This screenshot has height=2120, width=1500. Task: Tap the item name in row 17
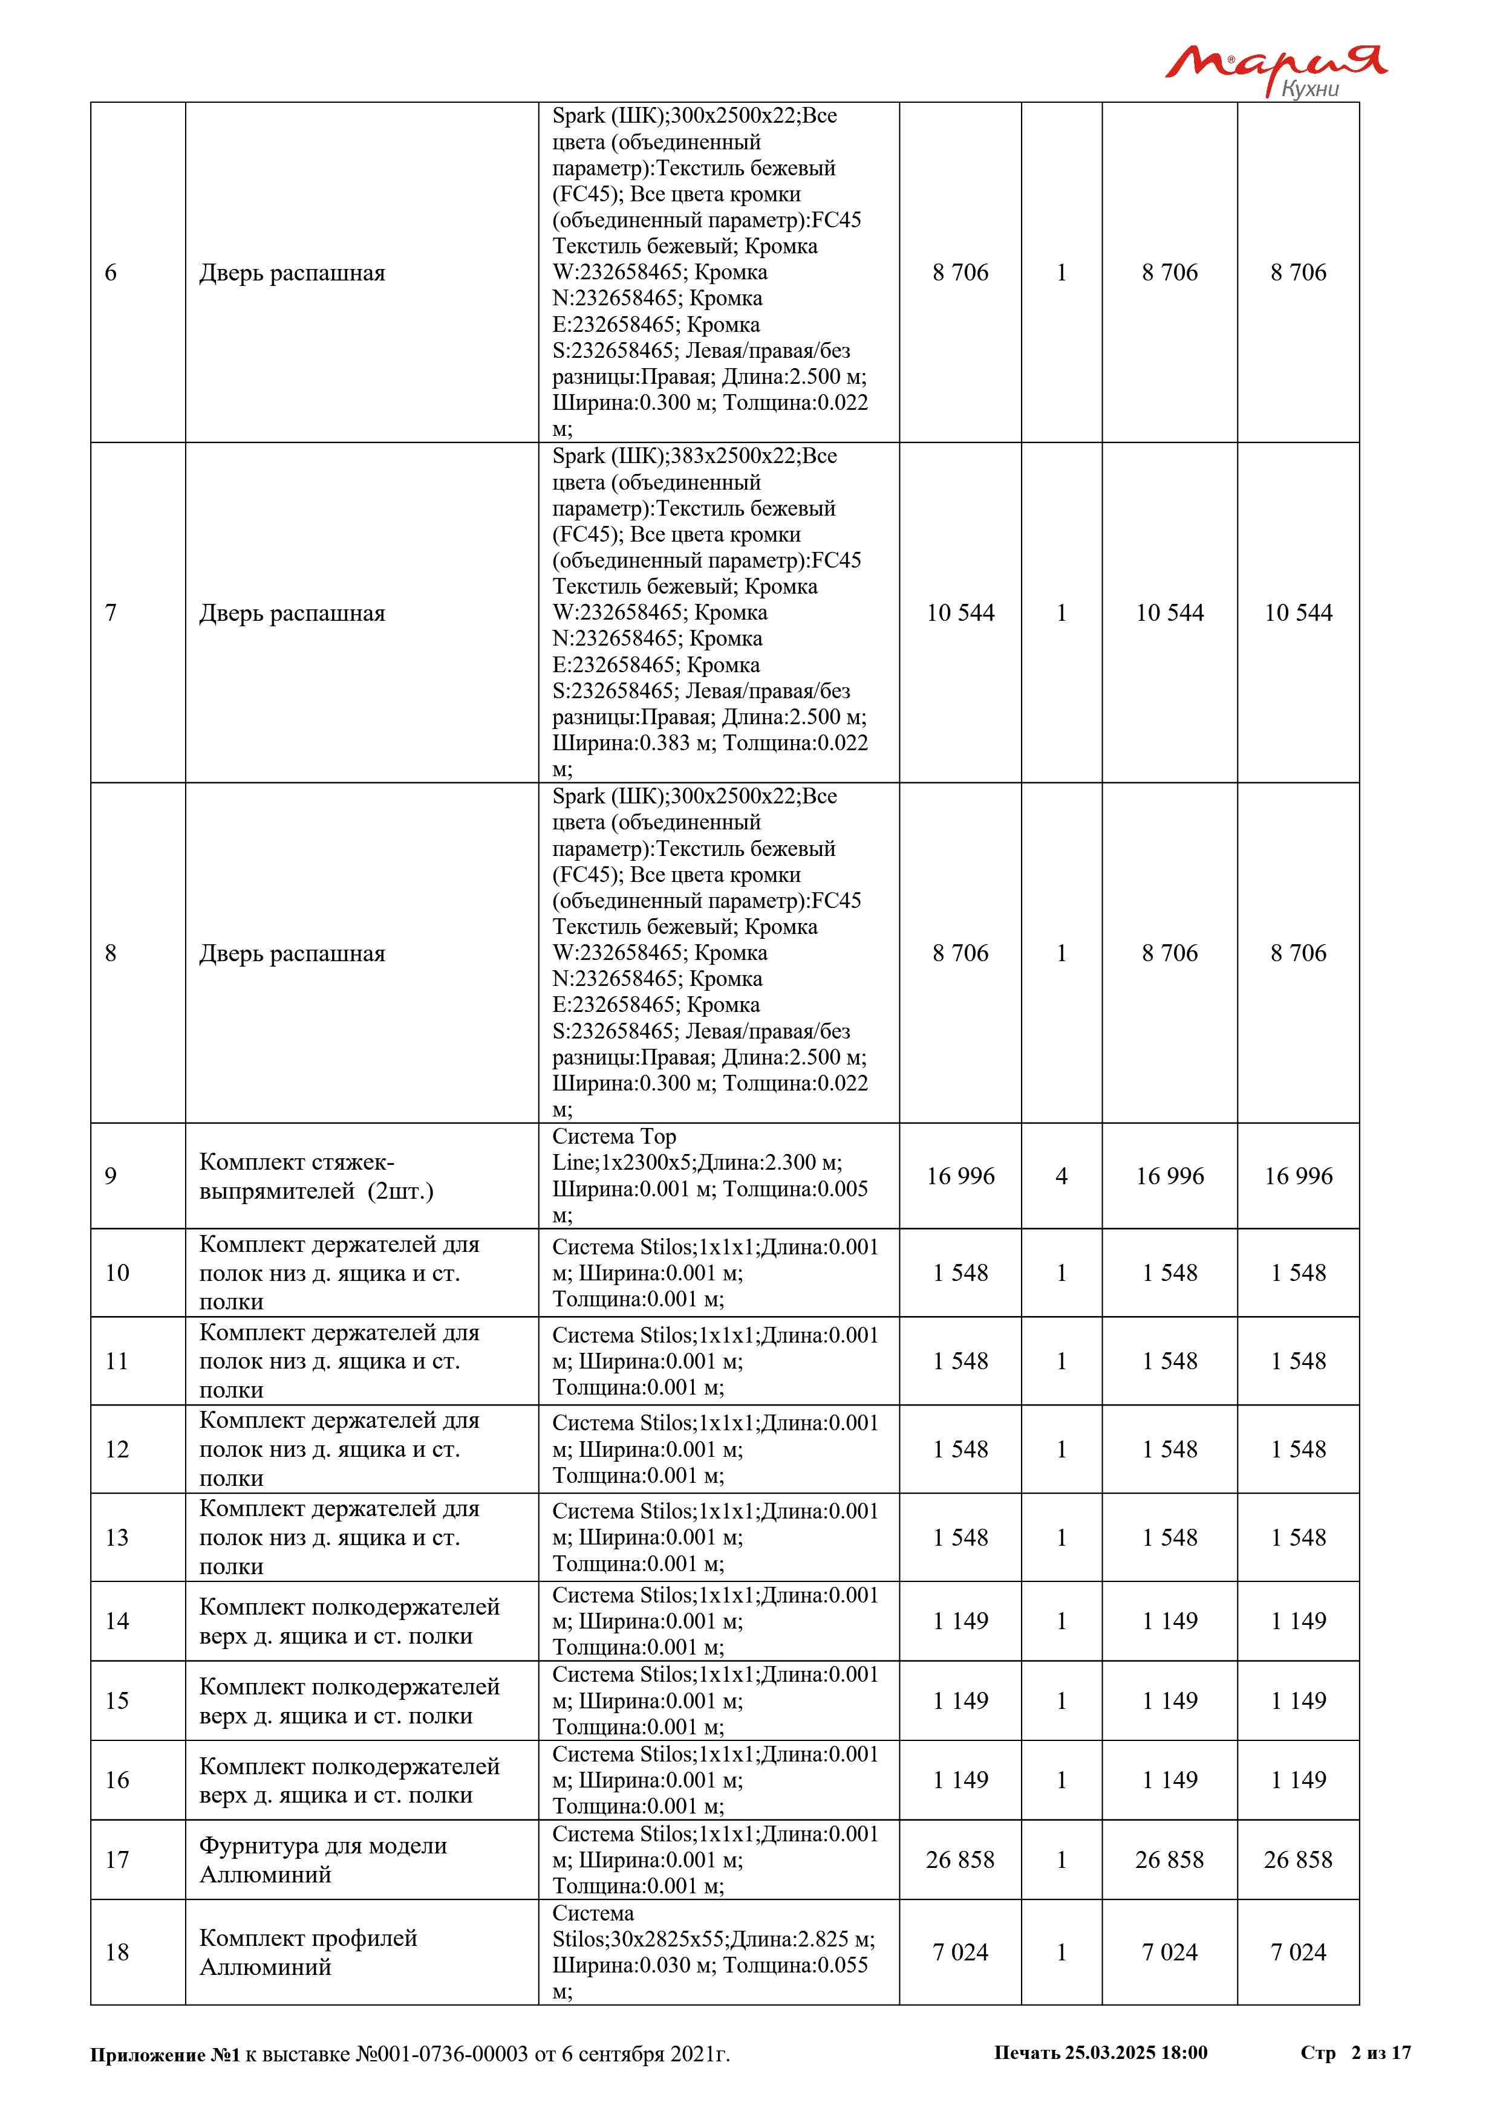point(322,1859)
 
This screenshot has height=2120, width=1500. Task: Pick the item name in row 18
point(308,1952)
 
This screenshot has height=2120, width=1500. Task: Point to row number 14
point(117,1621)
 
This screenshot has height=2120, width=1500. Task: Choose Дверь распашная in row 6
point(292,273)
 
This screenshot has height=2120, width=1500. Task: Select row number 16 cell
point(117,1780)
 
